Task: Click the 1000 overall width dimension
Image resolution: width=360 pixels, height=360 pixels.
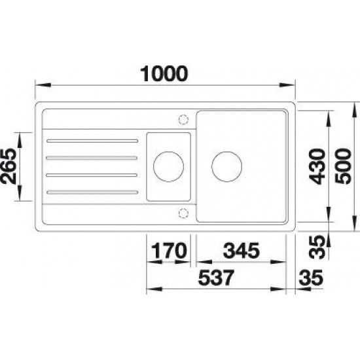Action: (164, 74)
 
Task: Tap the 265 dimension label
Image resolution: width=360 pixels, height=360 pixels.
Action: (9, 166)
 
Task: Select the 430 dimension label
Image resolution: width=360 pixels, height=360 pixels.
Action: (317, 166)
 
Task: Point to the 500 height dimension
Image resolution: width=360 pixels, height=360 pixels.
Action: (343, 166)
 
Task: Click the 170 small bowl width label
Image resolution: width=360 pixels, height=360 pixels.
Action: (170, 251)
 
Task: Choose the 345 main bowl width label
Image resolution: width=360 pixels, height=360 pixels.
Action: (242, 251)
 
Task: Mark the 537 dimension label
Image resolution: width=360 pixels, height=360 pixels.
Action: (216, 278)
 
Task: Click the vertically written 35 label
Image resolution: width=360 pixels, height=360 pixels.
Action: (317, 247)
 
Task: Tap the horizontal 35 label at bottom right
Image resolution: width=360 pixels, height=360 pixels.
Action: (311, 278)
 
